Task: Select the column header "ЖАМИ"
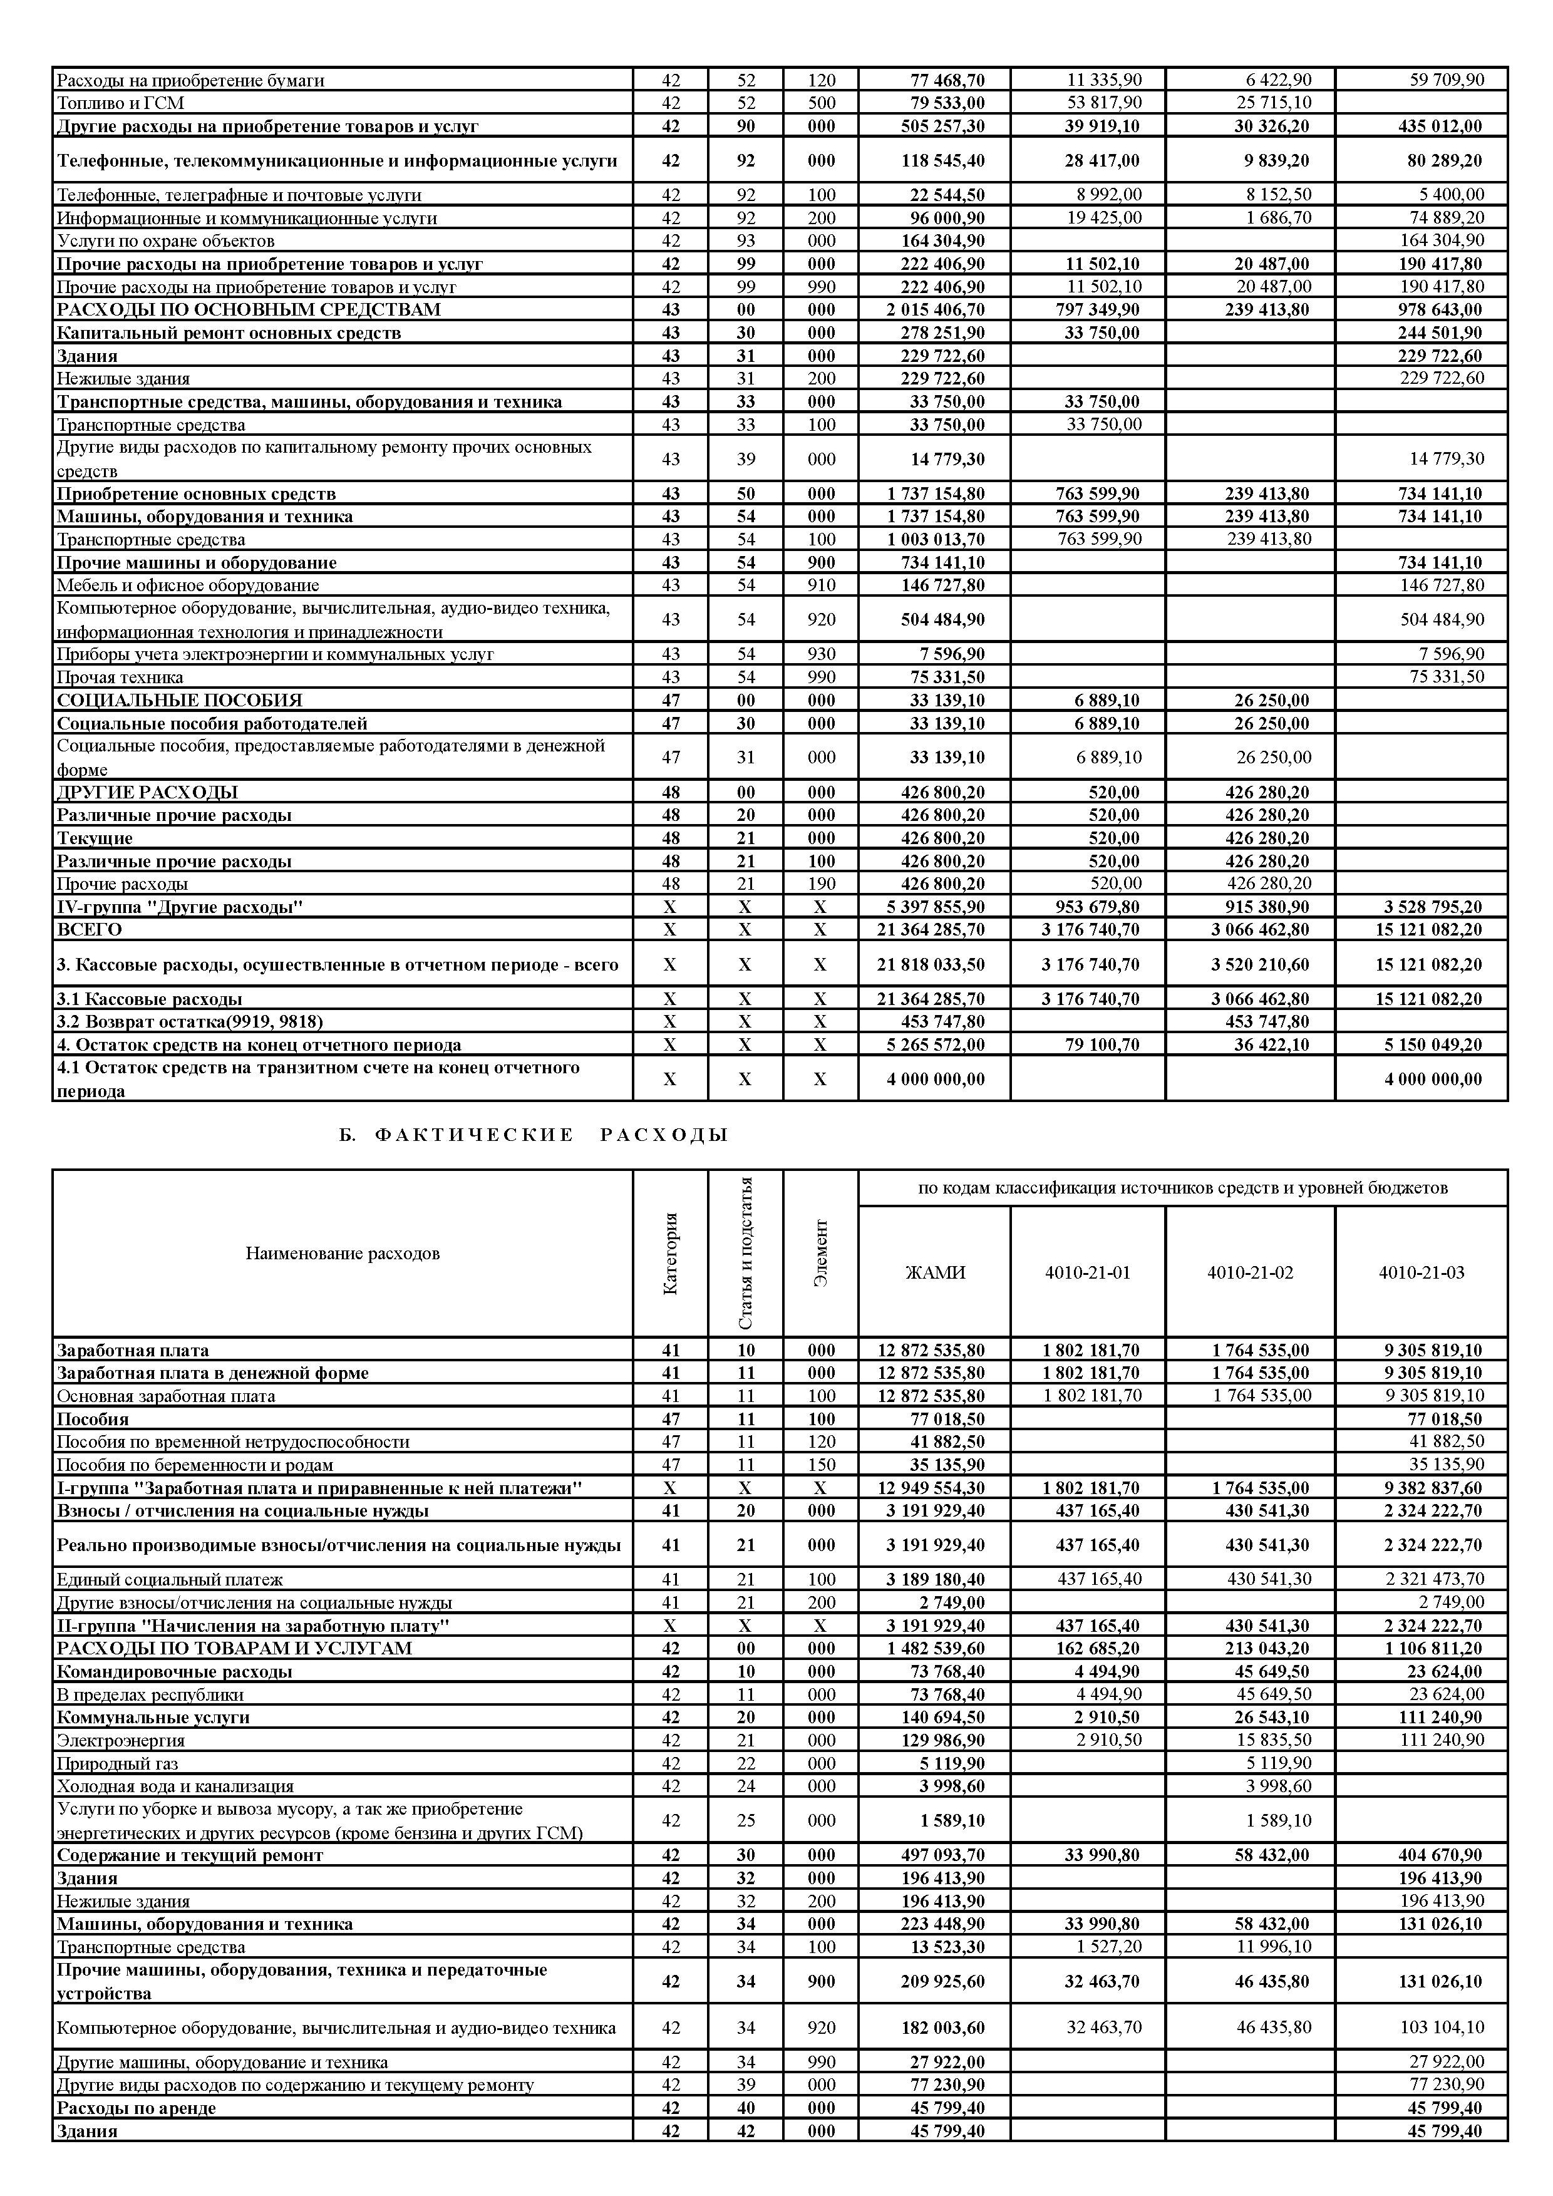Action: tap(934, 1272)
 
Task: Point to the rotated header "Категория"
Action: tap(670, 1253)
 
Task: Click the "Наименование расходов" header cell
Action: tap(343, 1253)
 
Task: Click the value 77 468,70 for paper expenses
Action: tap(947, 80)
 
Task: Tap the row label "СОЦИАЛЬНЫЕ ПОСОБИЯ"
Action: tap(179, 700)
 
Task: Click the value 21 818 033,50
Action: tap(931, 964)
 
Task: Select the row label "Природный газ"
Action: tap(118, 1763)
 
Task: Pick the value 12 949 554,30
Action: tap(931, 1487)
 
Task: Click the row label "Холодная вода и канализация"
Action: tap(175, 1786)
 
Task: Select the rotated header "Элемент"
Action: tap(820, 1253)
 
